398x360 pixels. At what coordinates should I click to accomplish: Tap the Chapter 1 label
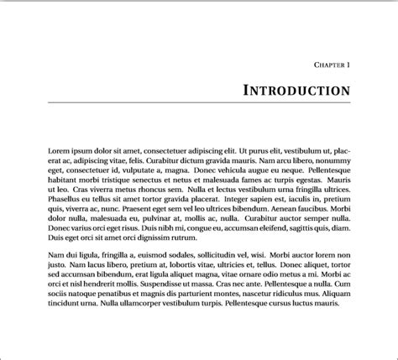pyautogui.click(x=332, y=64)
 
